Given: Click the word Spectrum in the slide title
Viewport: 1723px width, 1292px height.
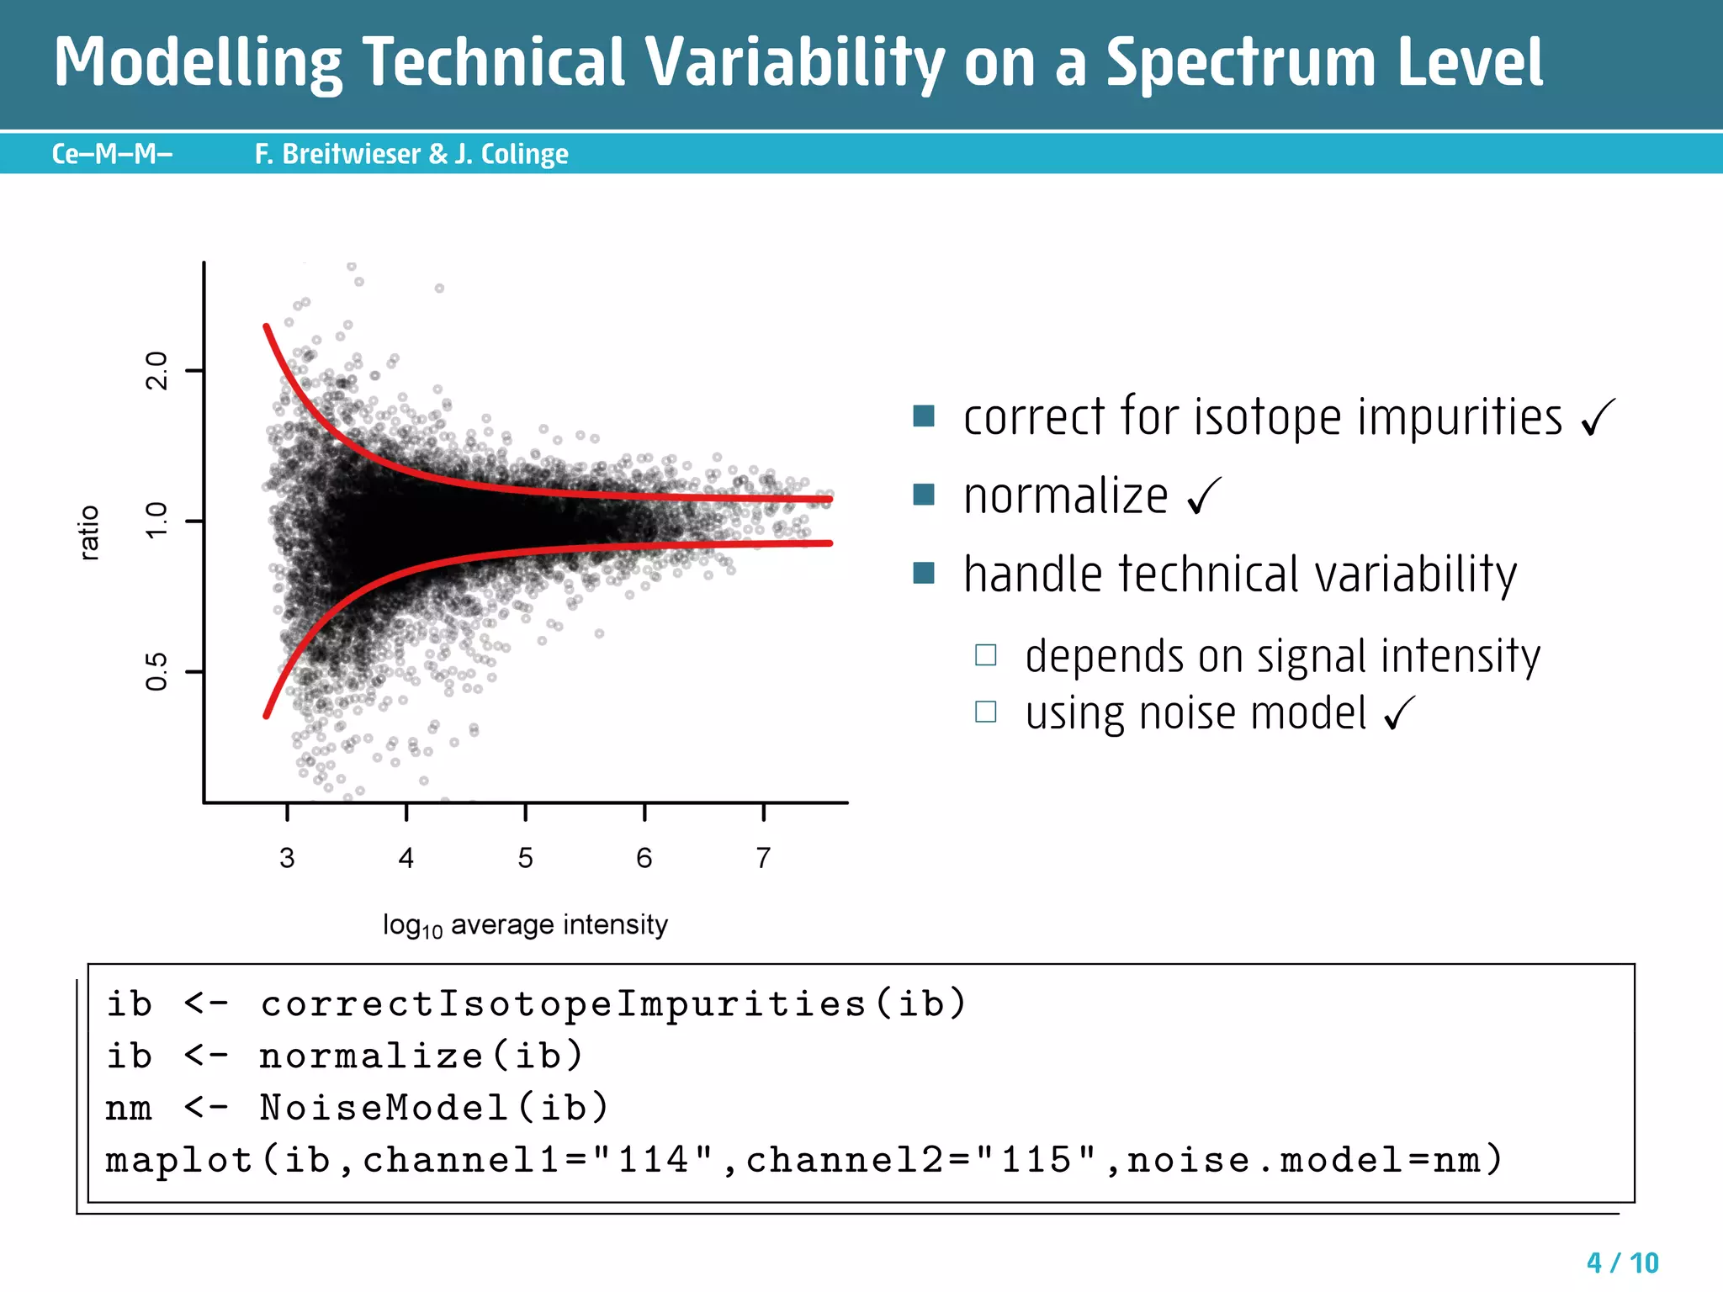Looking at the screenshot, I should coord(1241,63).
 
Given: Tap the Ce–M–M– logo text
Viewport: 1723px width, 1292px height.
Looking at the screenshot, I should coord(112,154).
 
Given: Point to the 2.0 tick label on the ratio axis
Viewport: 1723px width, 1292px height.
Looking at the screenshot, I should coord(157,371).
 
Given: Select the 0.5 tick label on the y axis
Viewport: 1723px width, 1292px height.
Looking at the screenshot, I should coord(157,671).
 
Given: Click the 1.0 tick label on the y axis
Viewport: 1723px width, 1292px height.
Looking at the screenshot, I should coord(157,522).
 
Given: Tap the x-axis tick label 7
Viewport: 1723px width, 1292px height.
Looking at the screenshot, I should coord(763,858).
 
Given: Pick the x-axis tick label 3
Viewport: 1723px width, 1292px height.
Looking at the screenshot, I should coord(287,858).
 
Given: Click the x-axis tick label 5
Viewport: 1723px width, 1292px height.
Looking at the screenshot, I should coord(525,858).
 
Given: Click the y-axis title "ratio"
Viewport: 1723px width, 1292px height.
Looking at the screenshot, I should coord(89,532).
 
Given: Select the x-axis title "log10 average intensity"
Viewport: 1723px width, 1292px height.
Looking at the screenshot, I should coord(525,925).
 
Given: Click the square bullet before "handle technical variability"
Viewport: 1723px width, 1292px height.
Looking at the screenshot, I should coord(924,573).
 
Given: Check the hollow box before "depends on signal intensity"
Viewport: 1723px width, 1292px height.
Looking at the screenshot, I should coord(985,654).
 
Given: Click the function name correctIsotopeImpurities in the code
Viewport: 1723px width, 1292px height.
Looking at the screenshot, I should coord(563,1003).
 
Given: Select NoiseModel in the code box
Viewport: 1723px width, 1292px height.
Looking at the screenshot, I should coord(384,1108).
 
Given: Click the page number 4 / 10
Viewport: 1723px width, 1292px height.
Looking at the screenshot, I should coord(1622,1263).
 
